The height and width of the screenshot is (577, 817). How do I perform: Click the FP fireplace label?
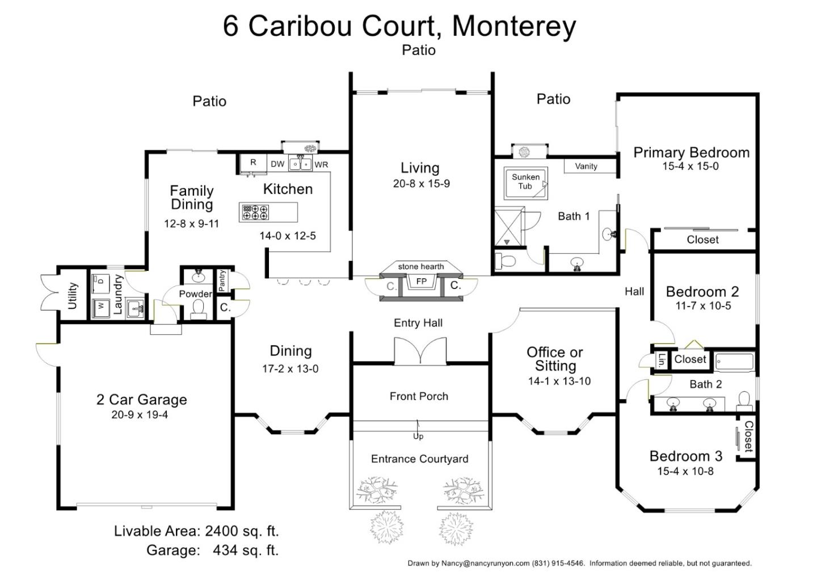coord(421,282)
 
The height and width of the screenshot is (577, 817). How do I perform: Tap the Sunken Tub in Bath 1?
coord(525,182)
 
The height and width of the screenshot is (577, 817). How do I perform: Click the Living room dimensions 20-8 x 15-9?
coord(421,184)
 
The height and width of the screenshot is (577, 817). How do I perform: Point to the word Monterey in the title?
coord(514,26)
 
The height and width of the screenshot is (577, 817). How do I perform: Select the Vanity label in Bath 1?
coord(586,166)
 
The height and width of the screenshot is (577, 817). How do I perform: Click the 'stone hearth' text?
coord(421,266)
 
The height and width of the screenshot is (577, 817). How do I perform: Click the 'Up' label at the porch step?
coord(418,436)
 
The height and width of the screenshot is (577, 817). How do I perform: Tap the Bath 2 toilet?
coord(744,401)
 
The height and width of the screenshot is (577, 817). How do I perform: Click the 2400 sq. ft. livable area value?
coord(242,531)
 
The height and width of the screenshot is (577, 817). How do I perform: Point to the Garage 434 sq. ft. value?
coord(245,550)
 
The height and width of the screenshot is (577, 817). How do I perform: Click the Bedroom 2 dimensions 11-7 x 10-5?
coord(703,306)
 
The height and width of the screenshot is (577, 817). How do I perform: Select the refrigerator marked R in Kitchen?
coord(253,163)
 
